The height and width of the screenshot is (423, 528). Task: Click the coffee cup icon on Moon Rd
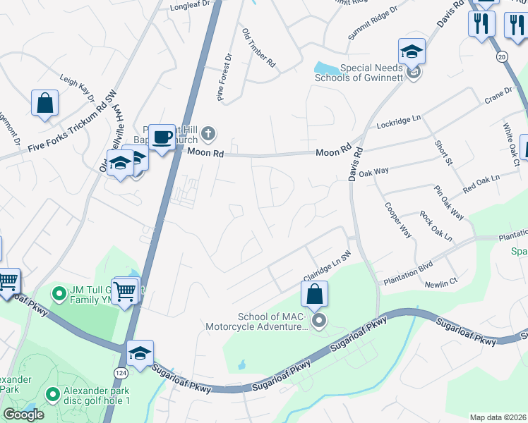pos(162,137)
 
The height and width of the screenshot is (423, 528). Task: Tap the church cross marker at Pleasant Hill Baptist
pos(208,133)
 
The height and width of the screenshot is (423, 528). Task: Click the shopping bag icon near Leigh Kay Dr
pos(44,103)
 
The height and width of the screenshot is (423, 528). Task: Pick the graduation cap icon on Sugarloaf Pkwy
pos(140,352)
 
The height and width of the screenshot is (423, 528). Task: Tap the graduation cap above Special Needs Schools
pos(412,51)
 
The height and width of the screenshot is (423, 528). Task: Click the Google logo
pos(23,415)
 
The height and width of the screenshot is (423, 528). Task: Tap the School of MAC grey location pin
pos(319,322)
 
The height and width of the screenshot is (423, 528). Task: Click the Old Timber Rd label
pos(258,48)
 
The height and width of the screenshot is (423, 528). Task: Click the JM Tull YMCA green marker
pos(59,291)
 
